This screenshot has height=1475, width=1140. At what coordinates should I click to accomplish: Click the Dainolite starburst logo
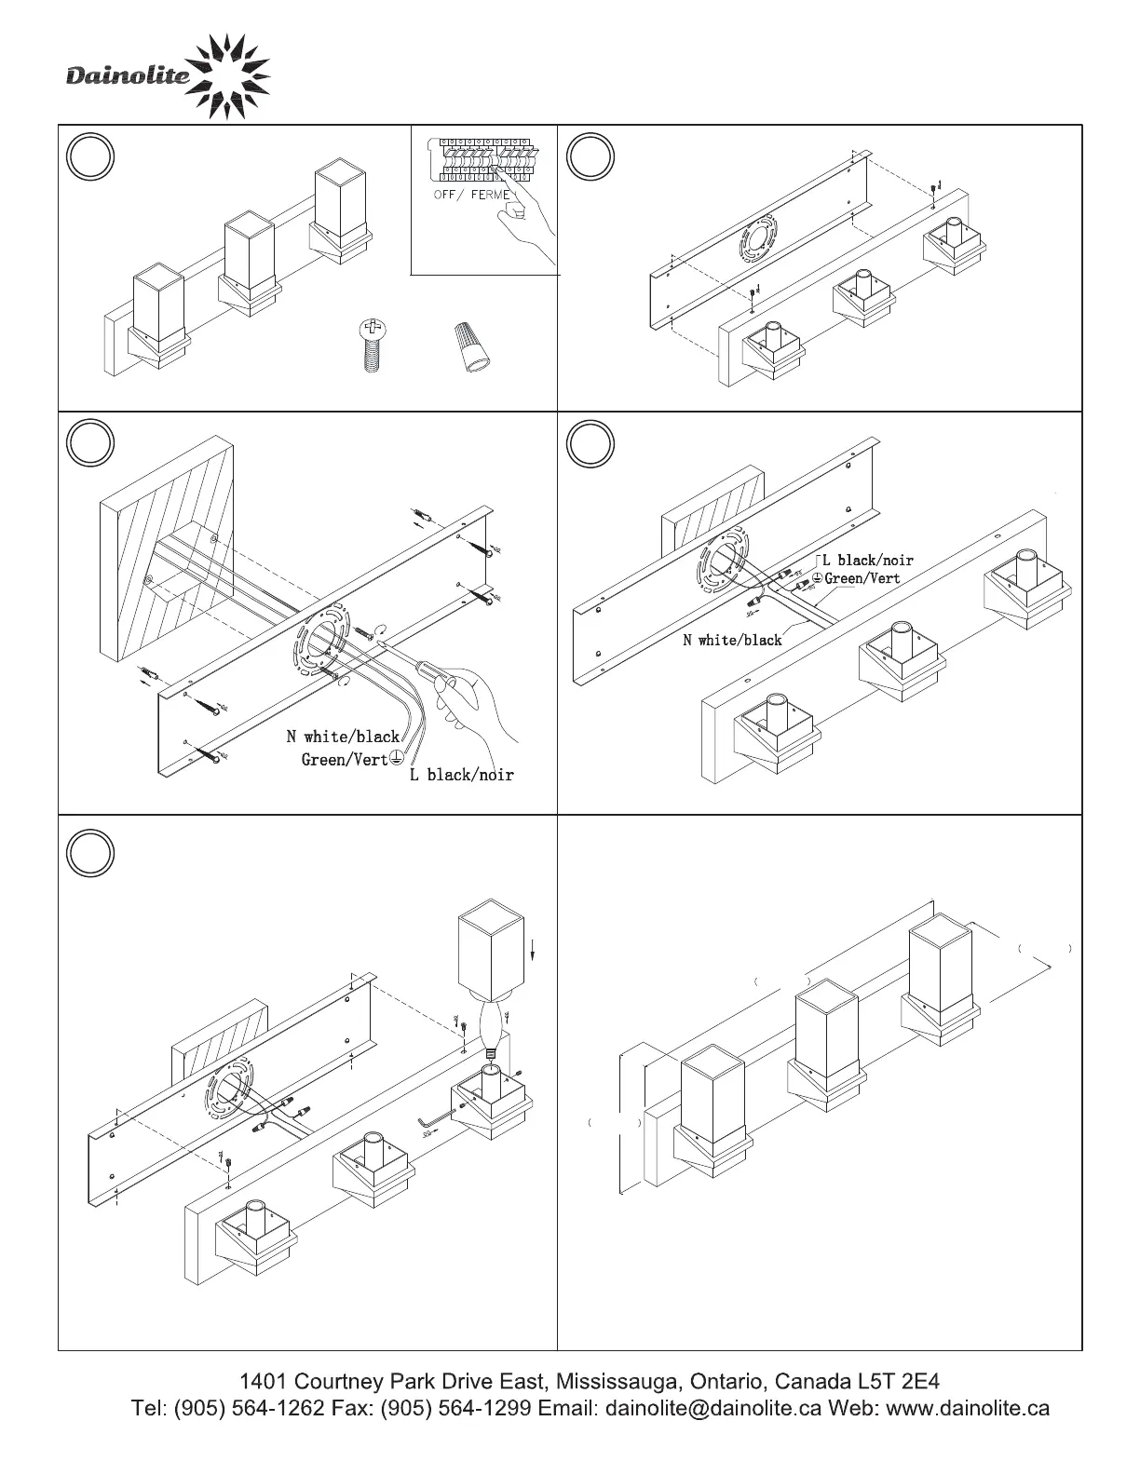(x=232, y=76)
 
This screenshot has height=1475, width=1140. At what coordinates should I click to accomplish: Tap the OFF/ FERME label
(x=472, y=195)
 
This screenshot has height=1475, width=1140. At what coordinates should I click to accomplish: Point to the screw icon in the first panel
(x=372, y=345)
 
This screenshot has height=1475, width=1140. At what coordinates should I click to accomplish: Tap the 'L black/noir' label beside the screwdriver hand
(x=462, y=775)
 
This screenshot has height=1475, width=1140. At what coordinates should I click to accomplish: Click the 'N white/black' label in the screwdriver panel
(x=343, y=737)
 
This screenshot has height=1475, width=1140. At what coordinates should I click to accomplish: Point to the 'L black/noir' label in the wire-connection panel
(x=867, y=560)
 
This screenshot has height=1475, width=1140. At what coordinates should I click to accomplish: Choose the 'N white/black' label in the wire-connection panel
(x=732, y=640)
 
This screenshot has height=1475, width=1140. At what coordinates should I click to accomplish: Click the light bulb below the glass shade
(x=492, y=1024)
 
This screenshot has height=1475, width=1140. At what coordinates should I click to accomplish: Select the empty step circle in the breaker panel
(x=91, y=156)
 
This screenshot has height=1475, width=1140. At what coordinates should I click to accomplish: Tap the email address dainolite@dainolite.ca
(x=712, y=1408)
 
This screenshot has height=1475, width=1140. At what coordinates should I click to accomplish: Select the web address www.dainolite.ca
(x=968, y=1408)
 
